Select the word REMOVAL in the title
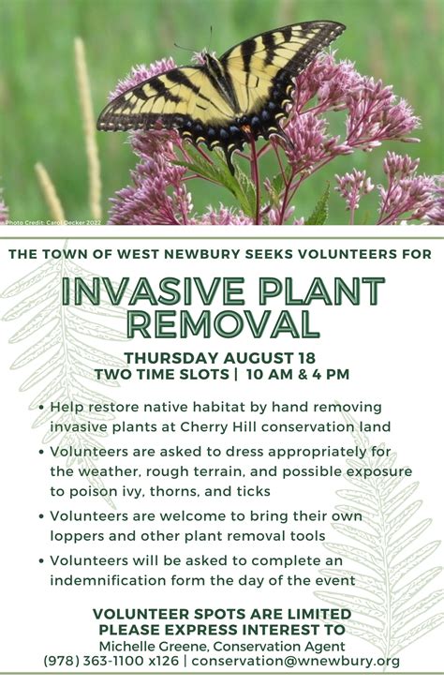tap(222, 324)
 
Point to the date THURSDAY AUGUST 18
tap(221, 358)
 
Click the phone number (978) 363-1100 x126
tap(111, 661)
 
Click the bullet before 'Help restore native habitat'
tap(42, 408)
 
